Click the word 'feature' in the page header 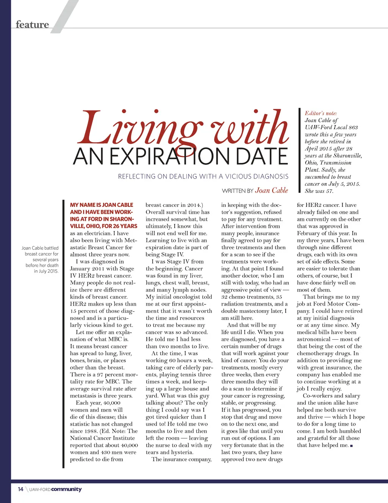[x=33, y=25]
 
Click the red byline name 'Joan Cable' [x=272, y=190]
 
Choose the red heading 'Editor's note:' [x=321, y=113]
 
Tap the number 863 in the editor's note [x=353, y=127]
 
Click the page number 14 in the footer [x=20, y=489]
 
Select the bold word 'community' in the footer [x=66, y=489]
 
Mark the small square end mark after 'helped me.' [x=352, y=446]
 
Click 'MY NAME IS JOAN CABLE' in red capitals [x=102, y=205]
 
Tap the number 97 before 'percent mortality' [x=100, y=374]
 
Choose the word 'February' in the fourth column [x=308, y=233]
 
